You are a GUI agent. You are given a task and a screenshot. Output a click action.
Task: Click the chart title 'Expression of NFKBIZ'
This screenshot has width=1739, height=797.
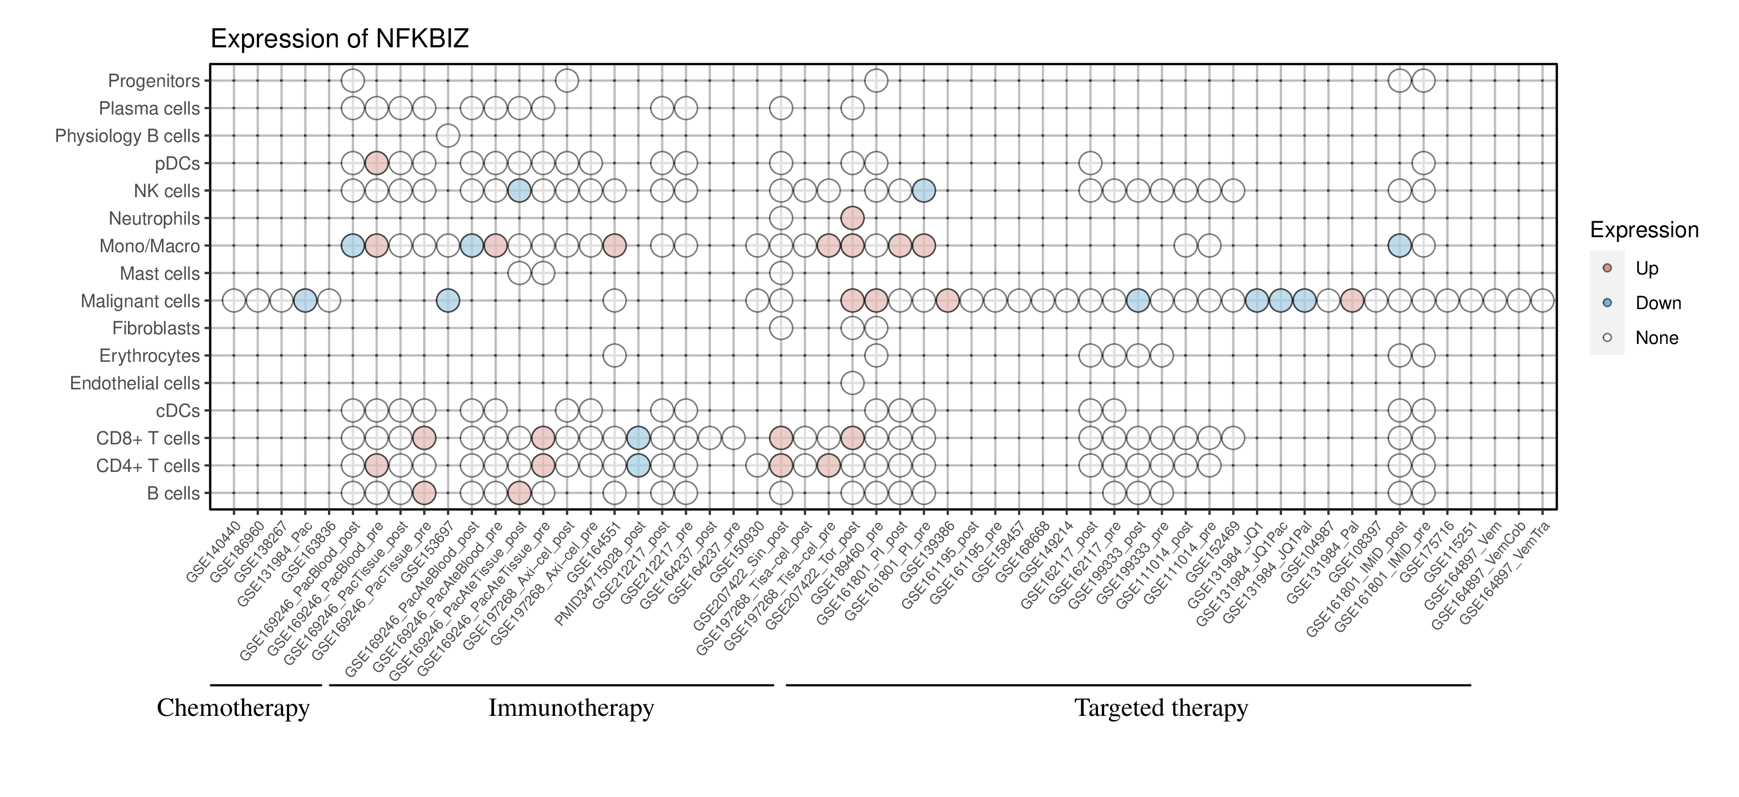click(x=340, y=39)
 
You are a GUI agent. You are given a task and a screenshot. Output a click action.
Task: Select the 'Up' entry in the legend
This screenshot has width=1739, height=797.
click(x=1647, y=268)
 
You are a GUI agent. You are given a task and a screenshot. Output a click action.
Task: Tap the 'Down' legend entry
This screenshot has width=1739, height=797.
click(x=1657, y=303)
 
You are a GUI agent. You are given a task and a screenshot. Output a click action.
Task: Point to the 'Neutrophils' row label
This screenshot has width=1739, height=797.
click(x=154, y=219)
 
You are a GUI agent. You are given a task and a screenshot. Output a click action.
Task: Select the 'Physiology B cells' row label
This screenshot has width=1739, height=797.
click(x=128, y=136)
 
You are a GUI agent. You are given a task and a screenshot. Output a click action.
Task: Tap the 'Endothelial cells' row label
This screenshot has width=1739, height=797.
click(x=135, y=384)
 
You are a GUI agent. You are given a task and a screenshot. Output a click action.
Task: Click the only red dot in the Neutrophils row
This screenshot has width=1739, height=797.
click(x=852, y=218)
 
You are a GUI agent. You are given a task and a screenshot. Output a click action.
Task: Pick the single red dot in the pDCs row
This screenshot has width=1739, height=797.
click(x=377, y=163)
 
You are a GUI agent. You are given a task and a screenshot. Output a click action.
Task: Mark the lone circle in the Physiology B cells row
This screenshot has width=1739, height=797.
click(x=448, y=136)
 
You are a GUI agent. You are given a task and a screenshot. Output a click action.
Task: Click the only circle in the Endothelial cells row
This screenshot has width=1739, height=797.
click(x=852, y=384)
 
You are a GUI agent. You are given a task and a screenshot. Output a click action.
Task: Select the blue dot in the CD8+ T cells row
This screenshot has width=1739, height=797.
click(x=638, y=438)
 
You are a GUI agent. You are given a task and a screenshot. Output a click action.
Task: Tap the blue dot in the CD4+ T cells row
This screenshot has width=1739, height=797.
click(x=638, y=466)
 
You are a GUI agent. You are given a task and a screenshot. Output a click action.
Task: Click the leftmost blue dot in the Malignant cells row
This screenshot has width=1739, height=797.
click(x=305, y=300)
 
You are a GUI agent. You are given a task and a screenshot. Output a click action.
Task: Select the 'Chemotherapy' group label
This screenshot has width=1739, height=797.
click(x=233, y=708)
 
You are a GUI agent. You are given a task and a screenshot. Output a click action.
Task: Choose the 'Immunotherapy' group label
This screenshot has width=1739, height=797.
click(x=571, y=708)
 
